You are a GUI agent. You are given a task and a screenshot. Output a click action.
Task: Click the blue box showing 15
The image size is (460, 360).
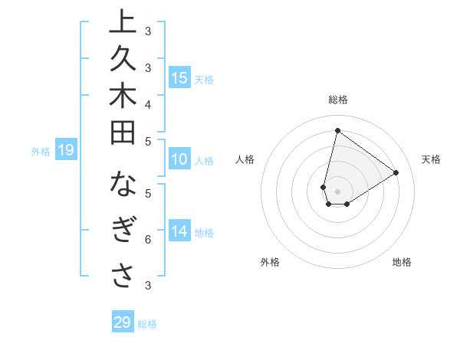[x=179, y=78]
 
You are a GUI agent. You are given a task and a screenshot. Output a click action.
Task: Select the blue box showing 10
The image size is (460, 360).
[x=179, y=160]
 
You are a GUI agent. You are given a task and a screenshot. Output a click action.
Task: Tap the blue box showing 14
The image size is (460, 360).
[x=179, y=232]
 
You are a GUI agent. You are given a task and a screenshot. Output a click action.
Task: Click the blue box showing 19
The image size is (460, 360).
[x=66, y=150]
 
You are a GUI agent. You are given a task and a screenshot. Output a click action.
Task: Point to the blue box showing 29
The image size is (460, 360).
[x=123, y=322]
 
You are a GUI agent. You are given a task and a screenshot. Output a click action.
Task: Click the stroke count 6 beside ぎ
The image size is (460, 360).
[x=148, y=240]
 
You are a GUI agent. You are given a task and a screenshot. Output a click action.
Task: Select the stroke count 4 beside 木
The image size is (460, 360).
[x=148, y=104]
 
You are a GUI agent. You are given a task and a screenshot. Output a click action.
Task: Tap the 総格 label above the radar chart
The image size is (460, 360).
[x=337, y=100]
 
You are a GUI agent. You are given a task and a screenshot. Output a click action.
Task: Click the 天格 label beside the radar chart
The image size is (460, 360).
[x=431, y=159]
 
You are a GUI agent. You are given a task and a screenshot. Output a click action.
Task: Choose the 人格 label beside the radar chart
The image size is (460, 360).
[x=245, y=159]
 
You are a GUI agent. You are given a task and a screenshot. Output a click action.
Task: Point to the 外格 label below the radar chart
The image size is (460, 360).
[x=270, y=262]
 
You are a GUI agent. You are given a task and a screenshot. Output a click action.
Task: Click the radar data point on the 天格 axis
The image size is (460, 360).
[x=396, y=172]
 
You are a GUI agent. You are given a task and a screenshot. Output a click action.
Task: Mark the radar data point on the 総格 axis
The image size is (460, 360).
[x=337, y=130]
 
